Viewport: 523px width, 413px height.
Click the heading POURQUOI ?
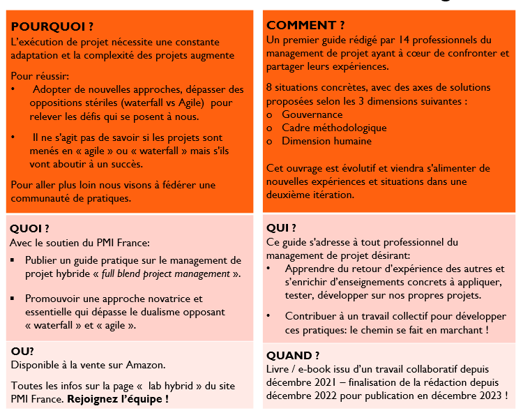52,27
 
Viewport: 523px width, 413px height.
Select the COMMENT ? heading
305,26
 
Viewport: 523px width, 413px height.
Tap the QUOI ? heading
30,228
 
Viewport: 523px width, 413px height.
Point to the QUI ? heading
281,227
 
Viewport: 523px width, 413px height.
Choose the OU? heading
23,351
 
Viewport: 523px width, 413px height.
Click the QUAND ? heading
294,355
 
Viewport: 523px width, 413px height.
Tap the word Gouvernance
312,114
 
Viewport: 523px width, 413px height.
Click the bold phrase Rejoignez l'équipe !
118,399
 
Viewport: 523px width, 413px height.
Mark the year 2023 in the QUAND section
488,396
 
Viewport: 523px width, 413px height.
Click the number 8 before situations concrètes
269,87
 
